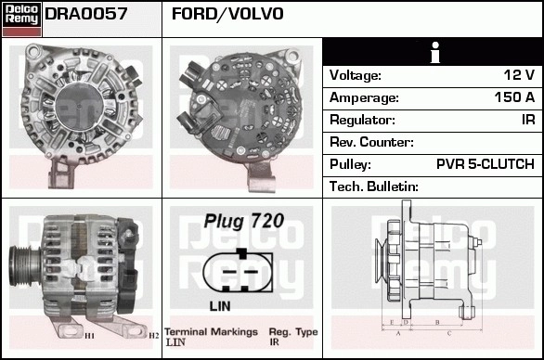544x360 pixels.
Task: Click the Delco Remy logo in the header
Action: (21, 19)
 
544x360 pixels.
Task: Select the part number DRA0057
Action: (86, 14)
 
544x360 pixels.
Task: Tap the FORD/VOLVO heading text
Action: (227, 14)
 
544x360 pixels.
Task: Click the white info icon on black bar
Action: (435, 52)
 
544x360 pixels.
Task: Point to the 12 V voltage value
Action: (519, 75)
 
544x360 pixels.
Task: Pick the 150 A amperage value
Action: (514, 97)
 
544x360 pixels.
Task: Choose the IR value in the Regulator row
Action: (528, 120)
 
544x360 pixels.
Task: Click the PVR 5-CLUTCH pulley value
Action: (486, 164)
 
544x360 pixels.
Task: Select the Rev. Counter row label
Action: (371, 142)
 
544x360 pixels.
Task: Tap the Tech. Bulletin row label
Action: (374, 186)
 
